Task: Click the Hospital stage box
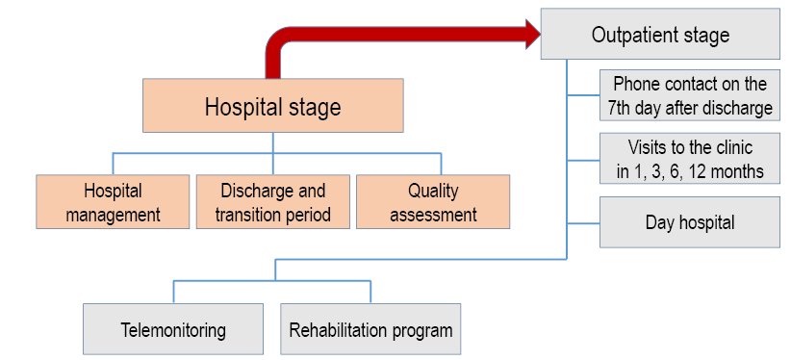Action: point(273,106)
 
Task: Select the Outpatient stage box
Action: point(660,34)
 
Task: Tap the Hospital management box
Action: point(113,202)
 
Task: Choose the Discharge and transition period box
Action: point(273,202)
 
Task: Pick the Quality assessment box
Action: point(433,202)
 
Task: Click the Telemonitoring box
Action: point(173,329)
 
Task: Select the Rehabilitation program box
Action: point(370,329)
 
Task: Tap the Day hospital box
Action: point(690,222)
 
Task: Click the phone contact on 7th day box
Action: point(690,95)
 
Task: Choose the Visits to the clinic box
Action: point(690,159)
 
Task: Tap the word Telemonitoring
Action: point(173,331)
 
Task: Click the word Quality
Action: point(433,192)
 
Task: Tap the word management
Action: point(113,215)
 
